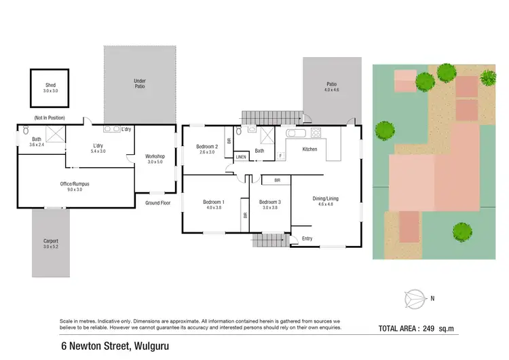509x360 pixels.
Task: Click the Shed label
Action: tap(50, 86)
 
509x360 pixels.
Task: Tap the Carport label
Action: tap(50, 240)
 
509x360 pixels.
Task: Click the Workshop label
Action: tap(155, 156)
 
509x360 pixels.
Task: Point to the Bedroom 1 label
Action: tap(213, 202)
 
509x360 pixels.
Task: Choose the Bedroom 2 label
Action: tap(207, 147)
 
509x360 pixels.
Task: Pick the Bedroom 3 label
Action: tap(269, 202)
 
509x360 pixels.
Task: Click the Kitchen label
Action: tap(309, 149)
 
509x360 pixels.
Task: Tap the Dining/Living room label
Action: tap(325, 198)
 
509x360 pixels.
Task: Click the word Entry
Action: tap(307, 238)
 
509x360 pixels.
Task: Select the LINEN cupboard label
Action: tap(241, 158)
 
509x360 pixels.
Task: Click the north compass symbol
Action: tap(413, 298)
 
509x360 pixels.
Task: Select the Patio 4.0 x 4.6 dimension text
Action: tap(331, 90)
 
